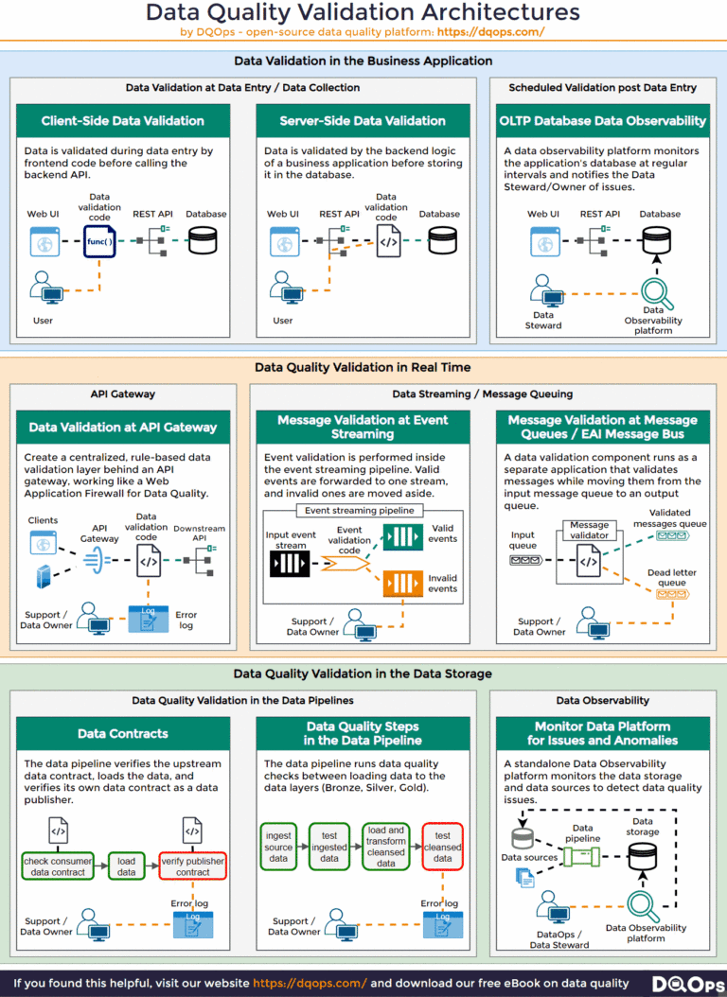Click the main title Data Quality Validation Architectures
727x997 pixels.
(363, 12)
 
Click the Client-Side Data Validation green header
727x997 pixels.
(122, 121)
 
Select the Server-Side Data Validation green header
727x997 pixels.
(363, 121)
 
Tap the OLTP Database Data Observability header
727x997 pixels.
(602, 121)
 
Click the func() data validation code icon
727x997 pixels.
(99, 242)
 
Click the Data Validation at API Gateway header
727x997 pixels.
(122, 428)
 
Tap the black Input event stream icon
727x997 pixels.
(290, 565)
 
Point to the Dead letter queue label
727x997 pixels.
(672, 578)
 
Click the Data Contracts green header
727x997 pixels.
(122, 734)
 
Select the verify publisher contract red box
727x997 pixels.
(192, 866)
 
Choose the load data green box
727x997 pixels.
(126, 866)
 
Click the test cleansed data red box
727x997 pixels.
(442, 847)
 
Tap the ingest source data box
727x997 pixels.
(278, 847)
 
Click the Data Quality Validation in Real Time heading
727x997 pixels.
(363, 367)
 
